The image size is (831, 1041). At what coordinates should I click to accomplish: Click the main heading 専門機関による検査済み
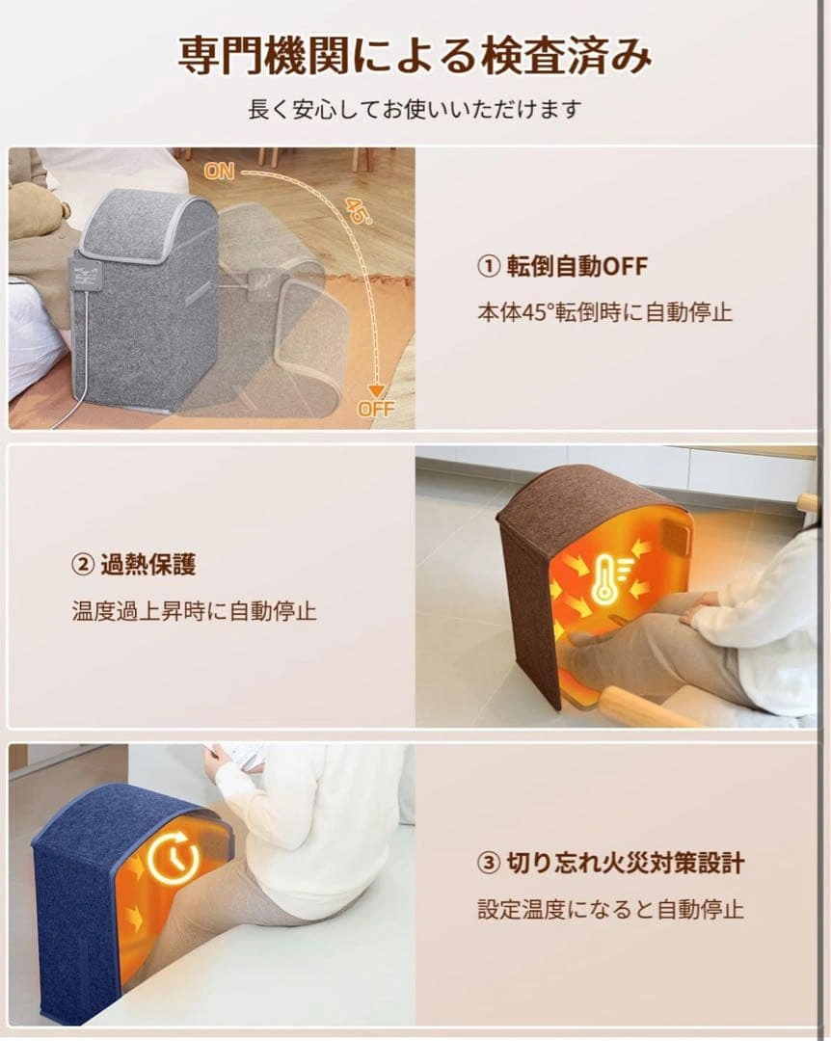(415, 55)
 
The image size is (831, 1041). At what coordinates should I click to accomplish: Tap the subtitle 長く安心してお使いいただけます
(415, 110)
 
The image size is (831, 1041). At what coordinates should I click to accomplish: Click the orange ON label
(219, 172)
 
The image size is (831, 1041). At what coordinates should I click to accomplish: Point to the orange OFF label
(376, 409)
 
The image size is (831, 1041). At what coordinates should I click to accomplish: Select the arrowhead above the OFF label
(377, 391)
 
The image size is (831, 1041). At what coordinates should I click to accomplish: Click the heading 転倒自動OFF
(576, 266)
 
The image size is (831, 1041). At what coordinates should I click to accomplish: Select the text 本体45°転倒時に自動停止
(604, 311)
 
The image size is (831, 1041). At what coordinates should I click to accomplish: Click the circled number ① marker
(488, 266)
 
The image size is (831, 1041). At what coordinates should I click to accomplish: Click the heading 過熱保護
(148, 565)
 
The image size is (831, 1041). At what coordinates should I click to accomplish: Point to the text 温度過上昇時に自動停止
(194, 611)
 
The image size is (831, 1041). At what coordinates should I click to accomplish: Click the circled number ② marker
(82, 565)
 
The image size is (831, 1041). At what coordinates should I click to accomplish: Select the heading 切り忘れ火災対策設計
(625, 863)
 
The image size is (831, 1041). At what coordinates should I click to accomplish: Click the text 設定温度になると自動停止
(610, 909)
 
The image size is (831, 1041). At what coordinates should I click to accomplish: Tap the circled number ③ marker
(488, 863)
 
